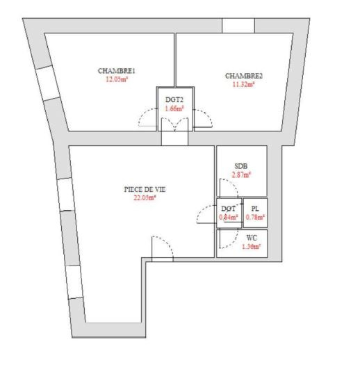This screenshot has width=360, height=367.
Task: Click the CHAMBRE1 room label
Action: (116, 71)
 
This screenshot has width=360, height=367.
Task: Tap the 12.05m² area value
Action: (117, 79)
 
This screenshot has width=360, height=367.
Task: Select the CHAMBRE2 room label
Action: (244, 76)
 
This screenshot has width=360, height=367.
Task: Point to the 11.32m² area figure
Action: (243, 84)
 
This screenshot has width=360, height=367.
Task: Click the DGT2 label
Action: (174, 99)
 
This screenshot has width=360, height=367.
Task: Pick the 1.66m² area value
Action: (174, 108)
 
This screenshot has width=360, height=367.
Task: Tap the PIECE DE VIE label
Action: (145, 189)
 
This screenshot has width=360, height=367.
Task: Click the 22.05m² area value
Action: (145, 198)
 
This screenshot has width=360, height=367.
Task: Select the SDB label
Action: (241, 166)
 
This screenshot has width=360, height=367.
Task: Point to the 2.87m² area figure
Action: (241, 175)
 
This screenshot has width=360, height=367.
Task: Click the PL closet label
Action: (255, 209)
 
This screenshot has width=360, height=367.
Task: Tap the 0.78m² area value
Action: (255, 217)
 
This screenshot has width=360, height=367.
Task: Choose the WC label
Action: (252, 238)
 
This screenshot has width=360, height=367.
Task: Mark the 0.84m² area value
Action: (229, 217)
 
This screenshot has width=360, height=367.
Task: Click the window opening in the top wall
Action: (238, 26)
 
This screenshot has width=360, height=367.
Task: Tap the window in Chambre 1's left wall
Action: (48, 83)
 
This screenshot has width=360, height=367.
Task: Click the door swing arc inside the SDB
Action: (233, 184)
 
